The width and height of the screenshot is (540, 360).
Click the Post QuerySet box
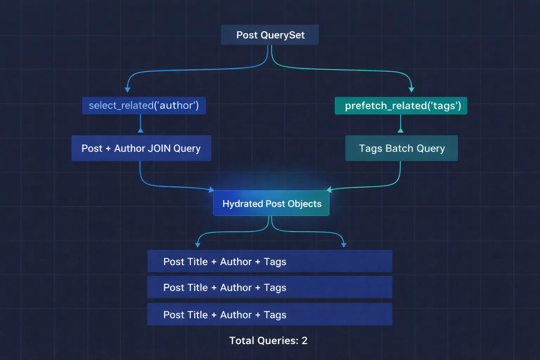[270, 35]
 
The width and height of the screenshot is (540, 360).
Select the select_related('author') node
[144, 105]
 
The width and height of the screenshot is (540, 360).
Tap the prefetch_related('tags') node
[401, 105]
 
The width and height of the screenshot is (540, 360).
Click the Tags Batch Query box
[401, 148]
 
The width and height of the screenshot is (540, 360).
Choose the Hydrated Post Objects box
[271, 203]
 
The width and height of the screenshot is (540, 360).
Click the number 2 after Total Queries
[304, 340]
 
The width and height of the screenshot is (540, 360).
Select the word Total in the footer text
[242, 340]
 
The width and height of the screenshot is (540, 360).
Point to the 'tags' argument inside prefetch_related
[445, 105]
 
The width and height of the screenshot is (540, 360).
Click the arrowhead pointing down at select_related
[128, 90]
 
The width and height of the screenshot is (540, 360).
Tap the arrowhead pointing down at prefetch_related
[411, 90]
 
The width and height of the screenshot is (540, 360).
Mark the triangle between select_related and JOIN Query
[141, 130]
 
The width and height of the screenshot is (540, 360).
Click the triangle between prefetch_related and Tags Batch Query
[400, 130]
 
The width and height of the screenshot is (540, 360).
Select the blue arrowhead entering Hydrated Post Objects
[211, 190]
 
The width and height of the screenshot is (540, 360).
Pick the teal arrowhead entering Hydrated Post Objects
[329, 190]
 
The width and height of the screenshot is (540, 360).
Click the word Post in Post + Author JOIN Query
[92, 148]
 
